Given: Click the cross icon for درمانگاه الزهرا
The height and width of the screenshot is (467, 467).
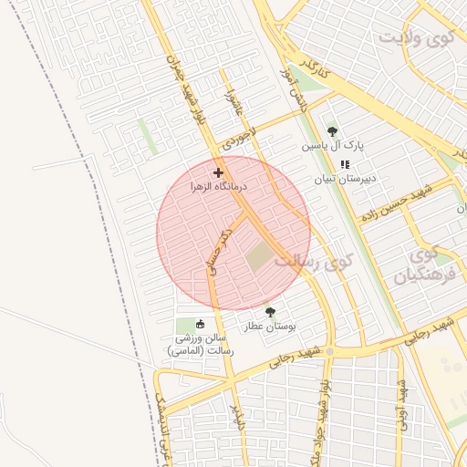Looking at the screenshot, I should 218,172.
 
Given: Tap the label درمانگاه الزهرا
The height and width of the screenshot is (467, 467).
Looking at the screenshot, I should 218,185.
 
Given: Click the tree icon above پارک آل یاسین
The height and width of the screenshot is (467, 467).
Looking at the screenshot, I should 331,131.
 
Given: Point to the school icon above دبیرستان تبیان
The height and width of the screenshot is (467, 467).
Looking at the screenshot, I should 344,164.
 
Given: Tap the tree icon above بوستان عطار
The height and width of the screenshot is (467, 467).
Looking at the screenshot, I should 268,311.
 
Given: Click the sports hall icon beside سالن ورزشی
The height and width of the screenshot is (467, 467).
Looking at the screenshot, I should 201,323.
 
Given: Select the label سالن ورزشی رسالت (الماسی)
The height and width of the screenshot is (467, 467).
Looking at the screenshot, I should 206,343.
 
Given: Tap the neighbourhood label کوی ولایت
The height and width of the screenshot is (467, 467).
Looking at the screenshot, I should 416,39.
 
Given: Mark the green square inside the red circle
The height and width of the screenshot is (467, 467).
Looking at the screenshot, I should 261,257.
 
